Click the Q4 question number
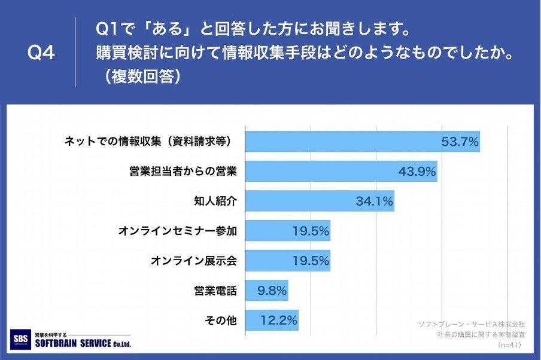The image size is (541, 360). coord(41,53)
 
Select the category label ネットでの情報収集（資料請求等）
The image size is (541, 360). coord(147,142)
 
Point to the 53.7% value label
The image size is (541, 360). coord(460,142)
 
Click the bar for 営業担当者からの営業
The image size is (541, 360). coord(341,172)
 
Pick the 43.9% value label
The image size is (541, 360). coord(417,172)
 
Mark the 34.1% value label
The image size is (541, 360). coord(374,202)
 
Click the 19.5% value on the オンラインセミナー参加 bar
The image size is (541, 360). coord(311,231)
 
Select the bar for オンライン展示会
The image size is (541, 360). coord(288,261)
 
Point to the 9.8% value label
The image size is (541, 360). coord(271,291)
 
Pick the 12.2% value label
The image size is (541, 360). coord(279,321)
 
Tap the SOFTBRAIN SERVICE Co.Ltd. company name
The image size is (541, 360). coord(83,343)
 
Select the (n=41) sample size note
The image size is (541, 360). coord(509,345)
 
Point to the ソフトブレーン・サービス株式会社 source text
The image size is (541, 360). coord(472,324)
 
